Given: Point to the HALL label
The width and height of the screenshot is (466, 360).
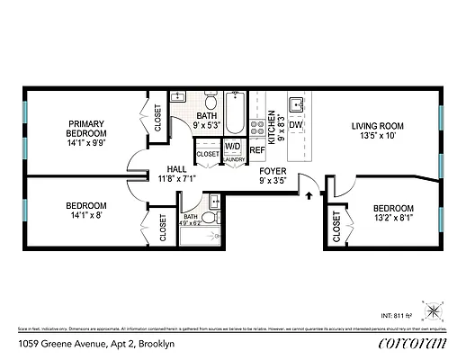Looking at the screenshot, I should [175, 168].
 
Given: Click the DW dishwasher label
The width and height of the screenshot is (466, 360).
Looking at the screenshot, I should [295, 125].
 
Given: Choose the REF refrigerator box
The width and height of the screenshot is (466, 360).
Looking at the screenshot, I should [256, 150].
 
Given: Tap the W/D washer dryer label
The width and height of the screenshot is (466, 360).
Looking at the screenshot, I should [233, 146].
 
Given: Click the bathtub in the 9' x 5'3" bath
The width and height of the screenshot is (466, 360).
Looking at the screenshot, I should [236, 112].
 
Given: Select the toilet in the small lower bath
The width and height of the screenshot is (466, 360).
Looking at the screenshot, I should [210, 219].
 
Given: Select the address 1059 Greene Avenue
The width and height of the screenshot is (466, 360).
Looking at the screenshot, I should [71, 345].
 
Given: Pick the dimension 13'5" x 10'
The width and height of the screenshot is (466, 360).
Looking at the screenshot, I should [377, 137].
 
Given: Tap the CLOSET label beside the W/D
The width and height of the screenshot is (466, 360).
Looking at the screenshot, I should [208, 155].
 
